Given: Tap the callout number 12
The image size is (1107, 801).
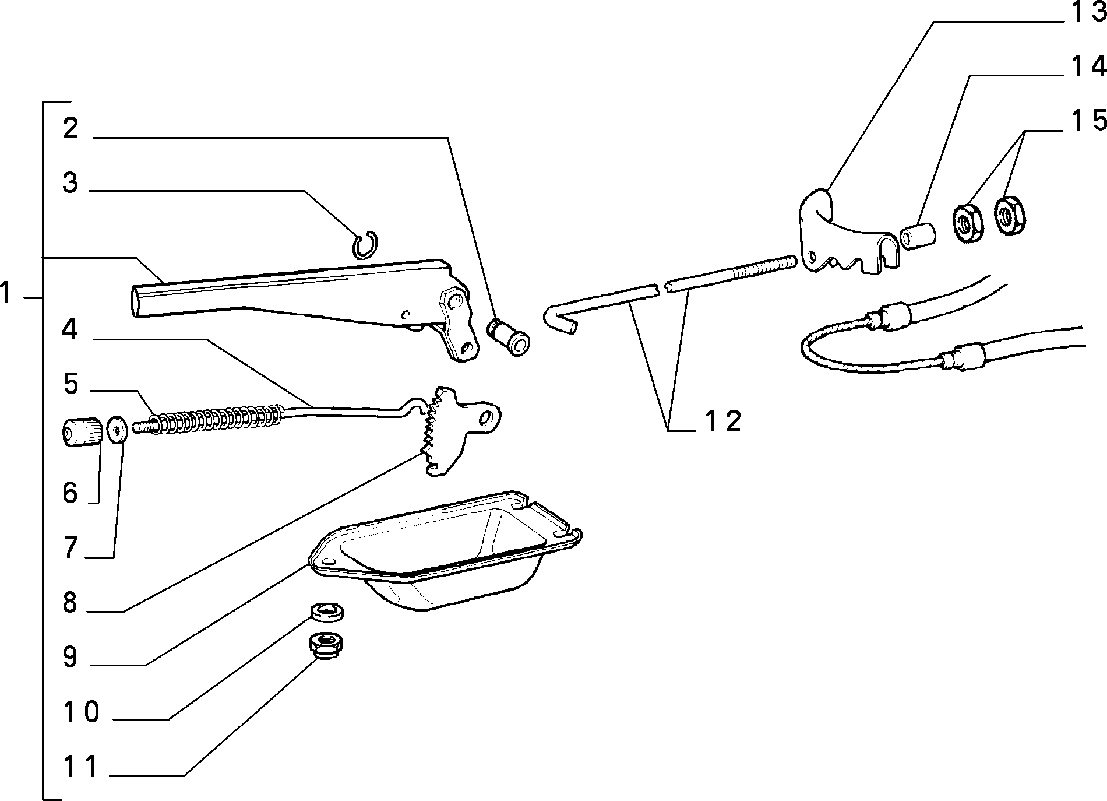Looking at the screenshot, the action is coord(722,421).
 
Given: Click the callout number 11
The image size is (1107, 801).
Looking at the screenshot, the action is coord(81,766).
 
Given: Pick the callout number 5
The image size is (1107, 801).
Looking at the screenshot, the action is coord(70,385).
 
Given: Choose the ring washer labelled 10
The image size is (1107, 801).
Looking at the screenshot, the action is coord(327,612).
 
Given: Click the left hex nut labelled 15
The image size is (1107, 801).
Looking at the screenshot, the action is coord(967,222).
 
